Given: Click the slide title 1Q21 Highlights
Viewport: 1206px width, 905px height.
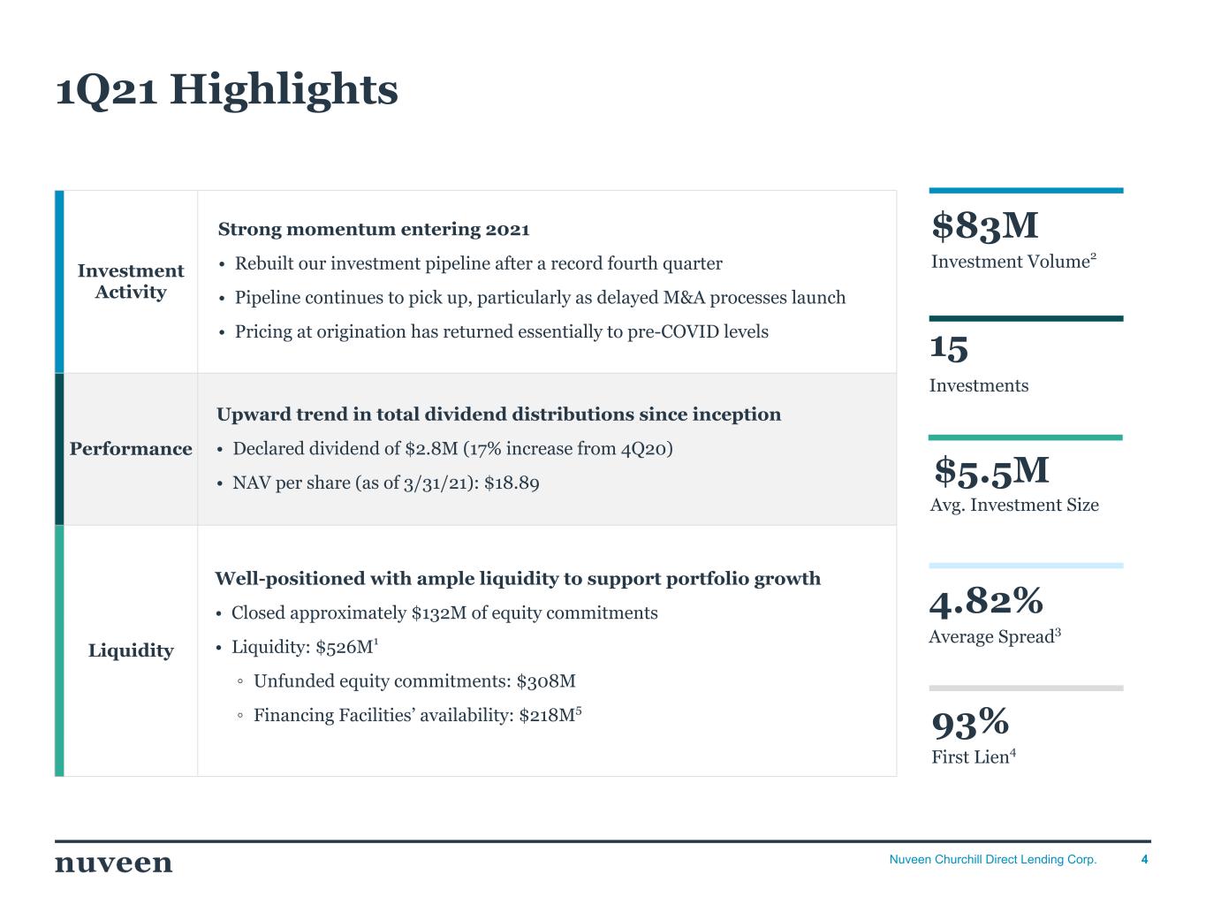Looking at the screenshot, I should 227,89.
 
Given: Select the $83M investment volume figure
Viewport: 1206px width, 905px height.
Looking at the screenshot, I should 985,225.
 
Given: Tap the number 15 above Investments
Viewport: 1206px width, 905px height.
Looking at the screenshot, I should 949,347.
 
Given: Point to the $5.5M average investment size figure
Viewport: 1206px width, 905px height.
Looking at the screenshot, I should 992,470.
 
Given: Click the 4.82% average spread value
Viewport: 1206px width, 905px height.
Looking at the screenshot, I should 986,601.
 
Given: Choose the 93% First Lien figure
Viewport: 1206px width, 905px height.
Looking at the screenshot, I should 970,723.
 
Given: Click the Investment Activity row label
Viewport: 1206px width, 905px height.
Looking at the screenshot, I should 131,281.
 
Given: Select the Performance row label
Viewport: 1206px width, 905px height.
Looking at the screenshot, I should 131,449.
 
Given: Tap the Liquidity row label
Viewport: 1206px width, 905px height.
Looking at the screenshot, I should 131,650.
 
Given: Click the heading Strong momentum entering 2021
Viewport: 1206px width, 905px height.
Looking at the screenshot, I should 374,230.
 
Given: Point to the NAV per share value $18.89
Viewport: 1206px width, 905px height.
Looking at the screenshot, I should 512,483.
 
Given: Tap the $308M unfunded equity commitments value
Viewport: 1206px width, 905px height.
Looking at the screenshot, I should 546,681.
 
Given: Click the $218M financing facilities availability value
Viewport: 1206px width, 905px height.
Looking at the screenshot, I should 547,715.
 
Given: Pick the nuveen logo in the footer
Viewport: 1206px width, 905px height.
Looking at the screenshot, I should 114,863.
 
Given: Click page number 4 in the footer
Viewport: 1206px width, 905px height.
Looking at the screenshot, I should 1145,859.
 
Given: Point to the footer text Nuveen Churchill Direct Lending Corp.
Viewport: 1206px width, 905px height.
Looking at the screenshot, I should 992,859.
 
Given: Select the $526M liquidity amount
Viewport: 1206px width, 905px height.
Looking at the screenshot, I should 345,647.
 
